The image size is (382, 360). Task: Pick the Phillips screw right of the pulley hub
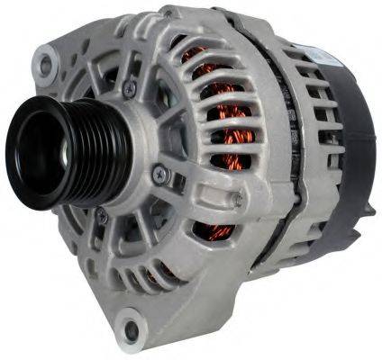(159, 173)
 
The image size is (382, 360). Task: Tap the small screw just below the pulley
(103, 216)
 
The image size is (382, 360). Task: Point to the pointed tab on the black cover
(368, 211)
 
